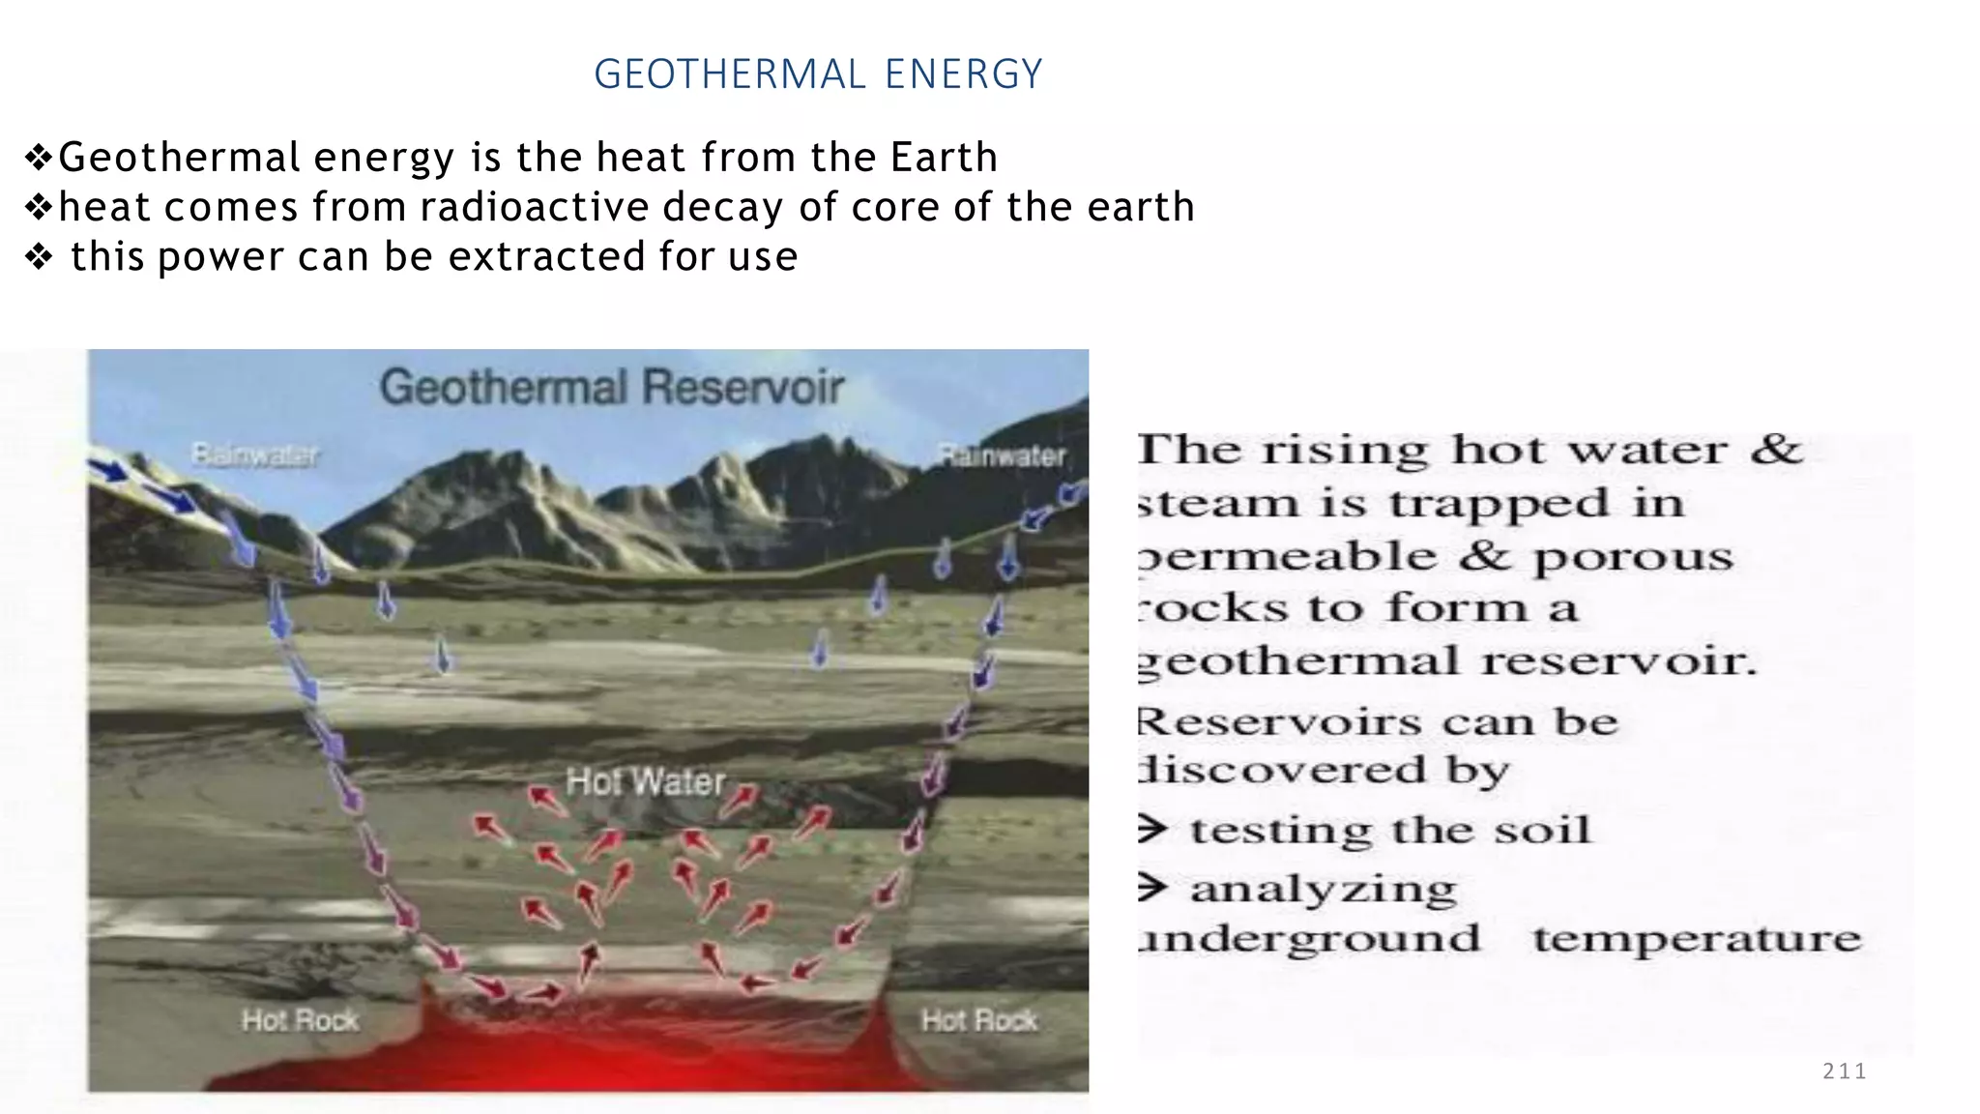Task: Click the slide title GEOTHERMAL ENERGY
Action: [x=818, y=74]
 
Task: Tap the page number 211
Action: [x=1844, y=1070]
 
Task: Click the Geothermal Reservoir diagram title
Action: [x=612, y=387]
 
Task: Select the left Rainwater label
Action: [x=254, y=454]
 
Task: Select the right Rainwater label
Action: [x=1003, y=455]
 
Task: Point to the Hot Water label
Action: [x=646, y=781]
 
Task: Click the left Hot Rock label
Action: [x=300, y=1020]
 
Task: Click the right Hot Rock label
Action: [x=979, y=1020]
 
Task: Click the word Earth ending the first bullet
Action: [x=944, y=158]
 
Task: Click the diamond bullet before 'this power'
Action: [x=39, y=257]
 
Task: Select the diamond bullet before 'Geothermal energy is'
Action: [x=39, y=157]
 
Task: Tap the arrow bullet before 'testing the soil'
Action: [x=1151, y=829]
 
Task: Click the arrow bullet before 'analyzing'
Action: [x=1151, y=887]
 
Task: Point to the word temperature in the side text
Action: [x=1697, y=939]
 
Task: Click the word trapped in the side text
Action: [x=1500, y=504]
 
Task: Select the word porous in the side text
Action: [x=1633, y=557]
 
